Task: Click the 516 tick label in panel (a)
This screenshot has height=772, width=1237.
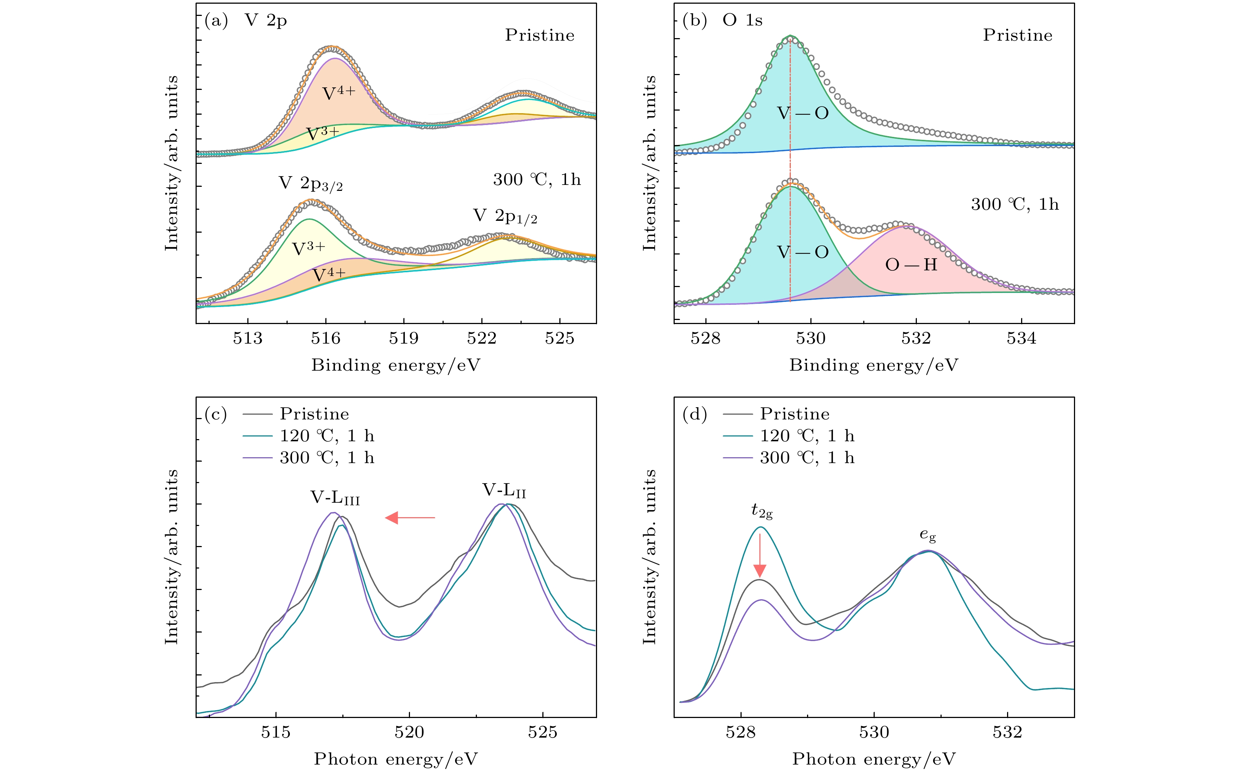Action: (x=326, y=338)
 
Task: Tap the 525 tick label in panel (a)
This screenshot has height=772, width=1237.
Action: (x=560, y=338)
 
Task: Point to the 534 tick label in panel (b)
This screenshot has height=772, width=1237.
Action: (x=1021, y=338)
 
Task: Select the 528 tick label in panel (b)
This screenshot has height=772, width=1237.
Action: (x=706, y=338)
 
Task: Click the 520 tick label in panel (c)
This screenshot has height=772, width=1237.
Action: (x=409, y=733)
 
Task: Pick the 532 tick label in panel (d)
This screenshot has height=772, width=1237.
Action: (x=1008, y=733)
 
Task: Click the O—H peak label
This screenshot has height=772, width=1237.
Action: (x=911, y=264)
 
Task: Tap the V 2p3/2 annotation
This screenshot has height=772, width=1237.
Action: (x=310, y=184)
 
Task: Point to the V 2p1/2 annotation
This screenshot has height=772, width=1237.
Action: (x=505, y=216)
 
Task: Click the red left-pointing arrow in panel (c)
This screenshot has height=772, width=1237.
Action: (x=410, y=518)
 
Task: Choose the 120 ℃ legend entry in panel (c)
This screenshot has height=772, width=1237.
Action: (x=326, y=436)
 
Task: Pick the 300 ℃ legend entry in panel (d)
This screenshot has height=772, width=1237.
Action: (x=807, y=458)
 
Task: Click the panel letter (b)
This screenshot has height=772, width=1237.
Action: (x=695, y=20)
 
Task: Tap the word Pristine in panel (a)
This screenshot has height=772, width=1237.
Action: (x=539, y=35)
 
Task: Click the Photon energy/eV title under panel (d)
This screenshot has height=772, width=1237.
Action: (x=874, y=759)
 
